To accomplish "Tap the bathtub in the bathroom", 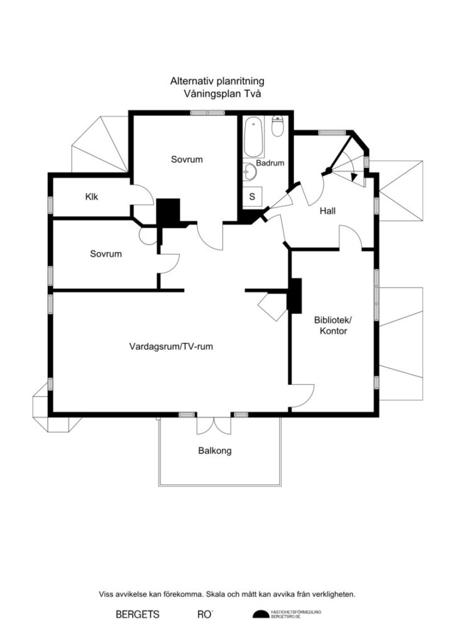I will (x=254, y=136).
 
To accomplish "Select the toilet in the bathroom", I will (x=278, y=126).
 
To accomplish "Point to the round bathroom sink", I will (x=249, y=170).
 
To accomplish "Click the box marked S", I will (x=253, y=196).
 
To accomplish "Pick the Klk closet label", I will (x=92, y=197).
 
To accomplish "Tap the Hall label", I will (x=327, y=211).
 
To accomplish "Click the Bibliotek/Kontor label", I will (x=331, y=325).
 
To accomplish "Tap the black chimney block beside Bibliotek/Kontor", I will (x=294, y=295).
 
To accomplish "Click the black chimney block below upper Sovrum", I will (x=168, y=213).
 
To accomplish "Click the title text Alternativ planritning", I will (x=217, y=81).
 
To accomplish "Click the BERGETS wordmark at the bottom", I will (x=138, y=614).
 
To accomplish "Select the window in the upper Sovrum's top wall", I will (x=207, y=113).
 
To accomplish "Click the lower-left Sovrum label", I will (x=106, y=254).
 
